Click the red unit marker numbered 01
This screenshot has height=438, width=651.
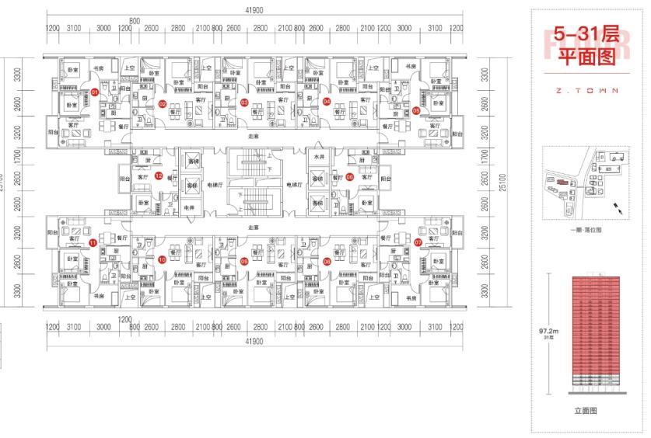[x=95, y=92]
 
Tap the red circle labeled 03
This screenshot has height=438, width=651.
[x=244, y=102]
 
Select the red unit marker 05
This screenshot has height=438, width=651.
[x=416, y=110]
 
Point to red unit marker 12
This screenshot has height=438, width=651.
[x=159, y=176]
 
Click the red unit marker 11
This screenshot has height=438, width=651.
[x=93, y=243]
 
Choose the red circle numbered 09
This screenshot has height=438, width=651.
[x=244, y=261]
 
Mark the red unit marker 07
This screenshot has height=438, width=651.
[x=418, y=242]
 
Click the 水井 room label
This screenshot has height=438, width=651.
[x=317, y=157]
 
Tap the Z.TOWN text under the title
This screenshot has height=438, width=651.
[x=588, y=90]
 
